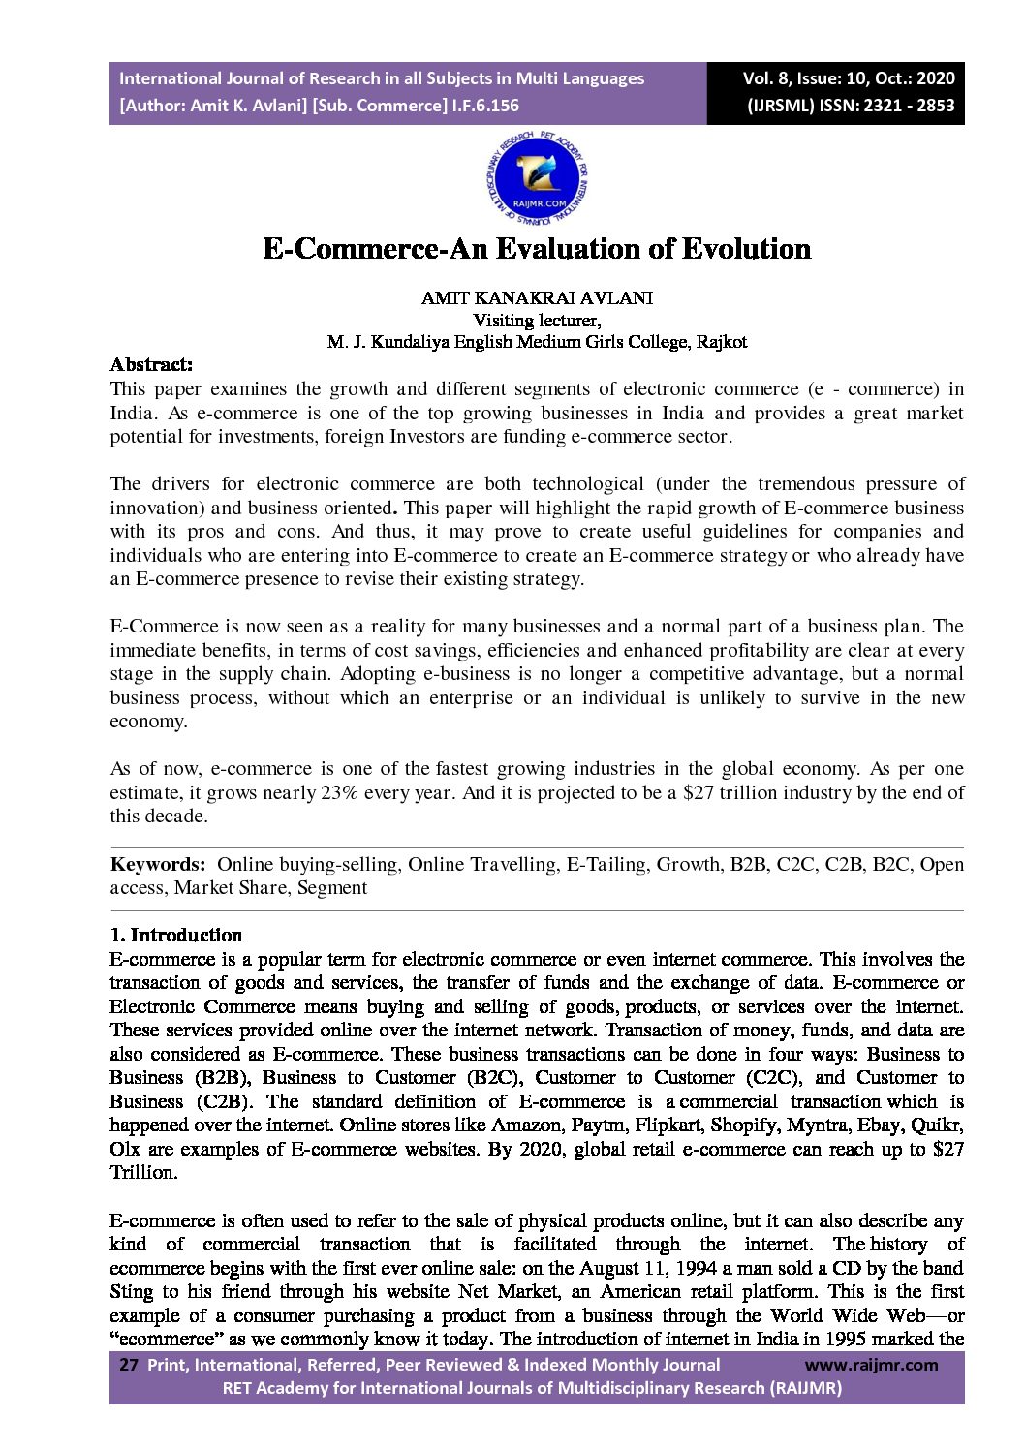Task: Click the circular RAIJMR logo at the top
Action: point(537,180)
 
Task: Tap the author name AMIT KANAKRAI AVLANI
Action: point(537,298)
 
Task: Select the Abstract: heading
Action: point(151,365)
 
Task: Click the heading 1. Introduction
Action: point(175,935)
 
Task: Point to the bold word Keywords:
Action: point(157,864)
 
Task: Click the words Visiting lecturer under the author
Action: point(537,320)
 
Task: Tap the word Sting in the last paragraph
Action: point(131,1291)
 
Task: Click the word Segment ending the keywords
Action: point(332,887)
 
